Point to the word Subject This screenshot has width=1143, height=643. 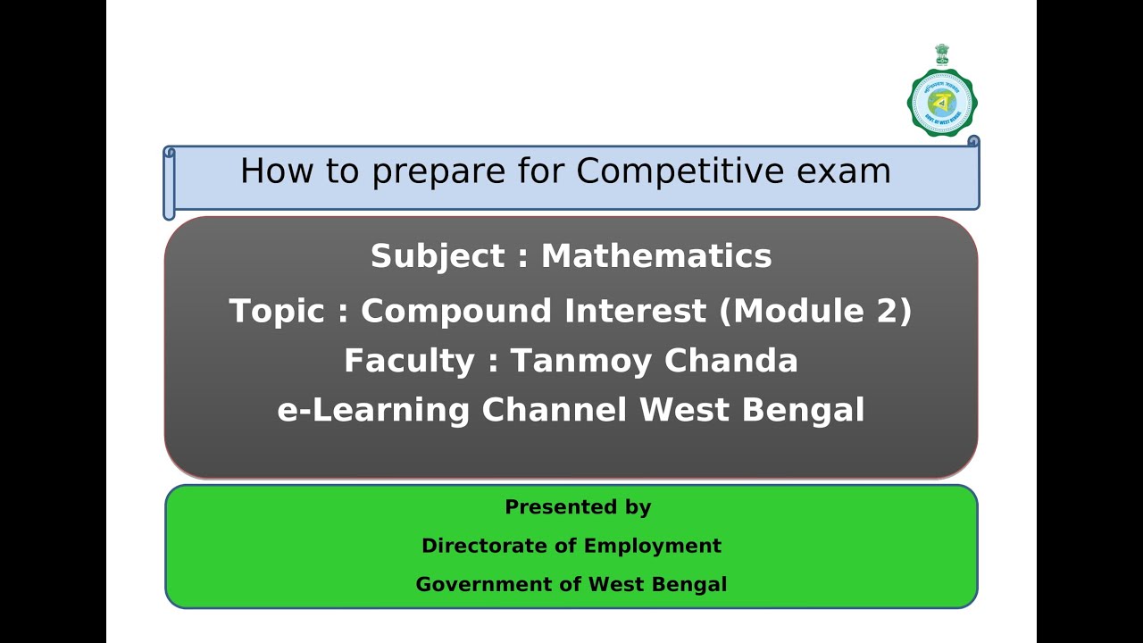(438, 257)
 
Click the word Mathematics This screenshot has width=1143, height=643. (656, 257)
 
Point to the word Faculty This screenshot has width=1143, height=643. (409, 362)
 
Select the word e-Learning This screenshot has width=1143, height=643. (373, 411)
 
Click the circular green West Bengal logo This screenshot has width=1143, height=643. (942, 102)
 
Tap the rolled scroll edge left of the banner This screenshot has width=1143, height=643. (169, 182)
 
